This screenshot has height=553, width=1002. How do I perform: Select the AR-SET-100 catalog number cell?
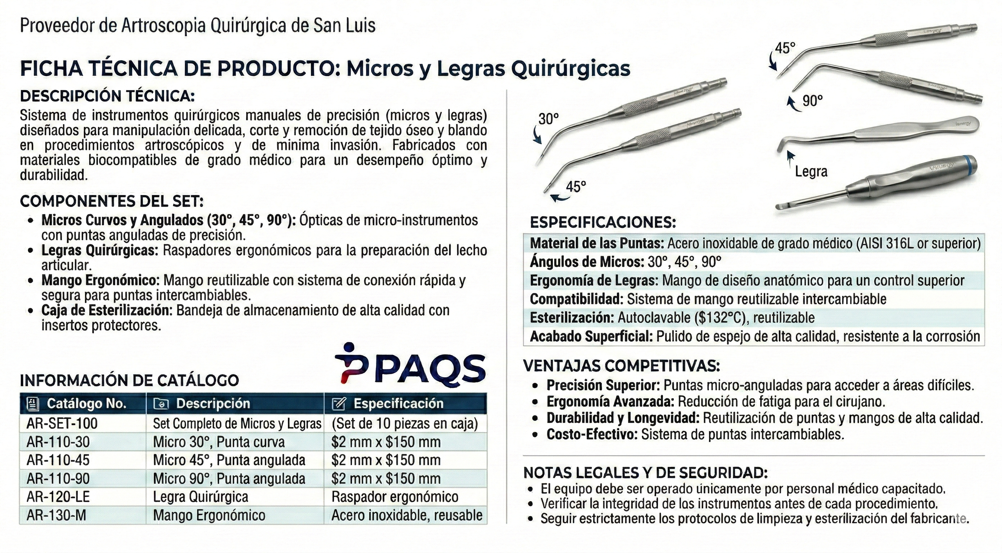[x=62, y=423]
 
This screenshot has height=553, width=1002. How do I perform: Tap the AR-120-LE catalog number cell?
[x=58, y=497]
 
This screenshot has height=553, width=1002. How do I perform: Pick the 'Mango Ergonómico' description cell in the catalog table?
[x=209, y=515]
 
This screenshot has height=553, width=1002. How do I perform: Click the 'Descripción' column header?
[x=213, y=404]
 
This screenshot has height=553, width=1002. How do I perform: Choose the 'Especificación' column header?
[x=398, y=404]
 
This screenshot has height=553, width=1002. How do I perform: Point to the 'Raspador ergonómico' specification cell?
[x=395, y=497]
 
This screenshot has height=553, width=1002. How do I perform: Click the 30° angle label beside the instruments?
[x=549, y=119]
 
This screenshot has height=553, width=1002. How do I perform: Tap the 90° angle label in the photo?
[x=813, y=101]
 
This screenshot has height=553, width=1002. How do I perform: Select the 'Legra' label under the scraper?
[x=811, y=172]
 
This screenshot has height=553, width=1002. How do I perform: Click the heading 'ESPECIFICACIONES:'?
[x=603, y=222]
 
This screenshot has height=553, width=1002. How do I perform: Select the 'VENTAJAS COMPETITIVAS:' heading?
[x=622, y=366]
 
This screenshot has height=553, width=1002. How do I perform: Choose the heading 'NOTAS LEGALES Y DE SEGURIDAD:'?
[x=645, y=472]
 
